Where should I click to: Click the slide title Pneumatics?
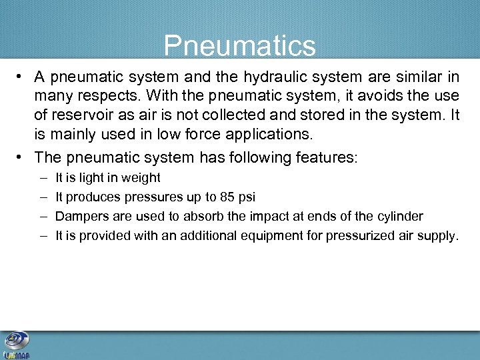(x=240, y=46)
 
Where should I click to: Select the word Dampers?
(x=79, y=217)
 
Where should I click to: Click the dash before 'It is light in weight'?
(x=43, y=178)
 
